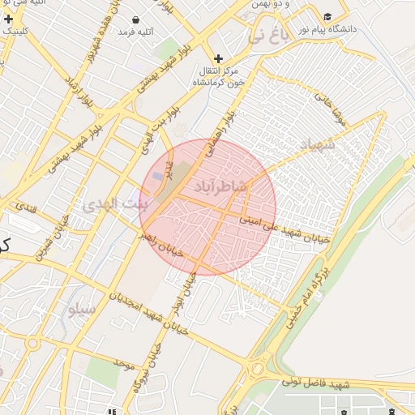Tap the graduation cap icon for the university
[327, 16]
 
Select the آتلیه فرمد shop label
[136, 32]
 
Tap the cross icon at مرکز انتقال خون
[218, 58]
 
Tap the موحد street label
[122, 359]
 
